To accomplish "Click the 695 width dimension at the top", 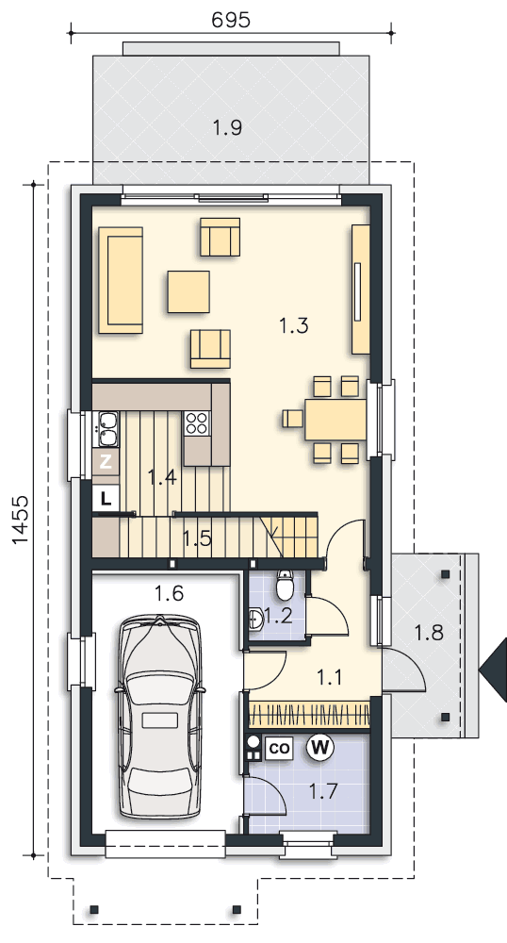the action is click(x=231, y=20).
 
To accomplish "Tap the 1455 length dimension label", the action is click(x=20, y=520).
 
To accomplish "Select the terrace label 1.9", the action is click(x=228, y=127).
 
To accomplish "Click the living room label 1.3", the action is click(x=294, y=325).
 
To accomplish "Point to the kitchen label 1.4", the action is click(x=162, y=478).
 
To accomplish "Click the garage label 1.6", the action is click(x=169, y=593).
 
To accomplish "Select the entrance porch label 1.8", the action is click(x=429, y=632).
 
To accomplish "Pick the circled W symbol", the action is click(x=320, y=748).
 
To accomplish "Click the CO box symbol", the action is click(x=279, y=748).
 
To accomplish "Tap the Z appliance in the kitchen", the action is click(x=106, y=462).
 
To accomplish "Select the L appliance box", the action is click(x=106, y=498).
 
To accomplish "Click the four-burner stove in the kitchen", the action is click(x=197, y=422).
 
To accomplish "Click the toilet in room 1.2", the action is click(x=284, y=585).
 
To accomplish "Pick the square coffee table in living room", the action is click(x=188, y=291).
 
